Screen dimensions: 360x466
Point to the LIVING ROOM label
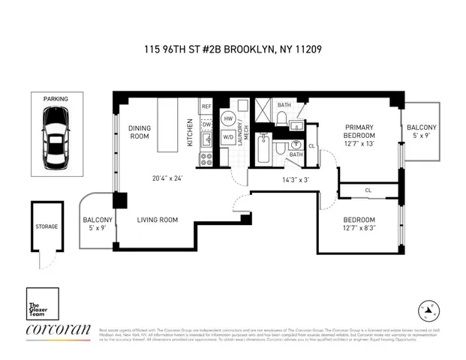click(x=157, y=220)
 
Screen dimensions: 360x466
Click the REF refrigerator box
click(x=206, y=107)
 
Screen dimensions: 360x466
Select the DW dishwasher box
click(x=206, y=124)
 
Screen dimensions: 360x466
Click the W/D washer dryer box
click(x=228, y=137)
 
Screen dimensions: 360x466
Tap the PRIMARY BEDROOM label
click(x=359, y=132)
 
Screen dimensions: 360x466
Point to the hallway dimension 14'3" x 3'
click(x=295, y=180)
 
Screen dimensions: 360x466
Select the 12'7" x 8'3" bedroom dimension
click(x=359, y=227)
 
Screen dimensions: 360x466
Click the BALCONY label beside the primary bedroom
click(x=421, y=128)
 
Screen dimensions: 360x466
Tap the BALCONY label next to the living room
click(x=98, y=220)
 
